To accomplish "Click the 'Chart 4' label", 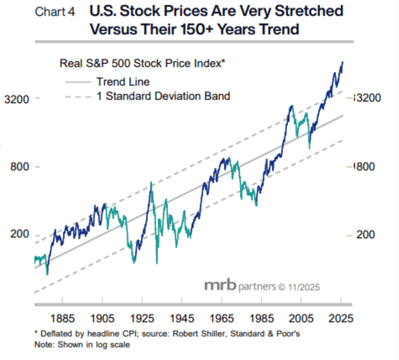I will (x=54, y=11).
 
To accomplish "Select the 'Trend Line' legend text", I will (x=123, y=82).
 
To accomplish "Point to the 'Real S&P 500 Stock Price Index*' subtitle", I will (x=143, y=63).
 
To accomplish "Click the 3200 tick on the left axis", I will (x=16, y=99).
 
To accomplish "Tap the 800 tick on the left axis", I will (x=19, y=167).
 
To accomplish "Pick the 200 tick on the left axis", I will (x=19, y=235).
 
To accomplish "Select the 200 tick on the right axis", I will (x=367, y=235).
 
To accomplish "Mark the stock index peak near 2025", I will (x=342, y=62).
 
